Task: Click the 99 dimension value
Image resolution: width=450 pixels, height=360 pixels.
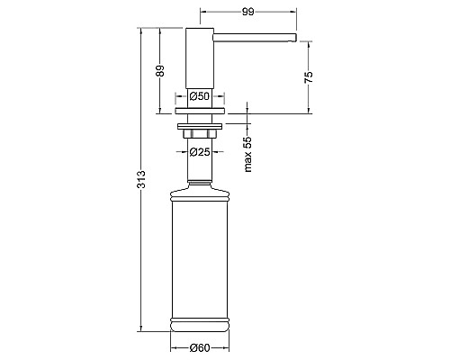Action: [248, 12]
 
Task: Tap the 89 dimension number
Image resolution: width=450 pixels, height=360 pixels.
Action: [160, 71]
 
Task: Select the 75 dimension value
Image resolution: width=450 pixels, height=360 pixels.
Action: [309, 77]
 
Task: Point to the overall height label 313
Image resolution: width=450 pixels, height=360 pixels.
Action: [141, 179]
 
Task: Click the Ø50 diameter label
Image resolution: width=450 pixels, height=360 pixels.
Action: [200, 96]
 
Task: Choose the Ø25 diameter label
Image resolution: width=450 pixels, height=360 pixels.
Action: [200, 152]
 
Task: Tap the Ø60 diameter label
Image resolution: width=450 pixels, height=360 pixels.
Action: [200, 348]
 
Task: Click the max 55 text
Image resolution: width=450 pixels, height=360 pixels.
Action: [248, 154]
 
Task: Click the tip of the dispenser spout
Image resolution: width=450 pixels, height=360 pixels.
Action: [296, 38]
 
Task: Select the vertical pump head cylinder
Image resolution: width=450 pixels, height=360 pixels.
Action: [200, 58]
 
